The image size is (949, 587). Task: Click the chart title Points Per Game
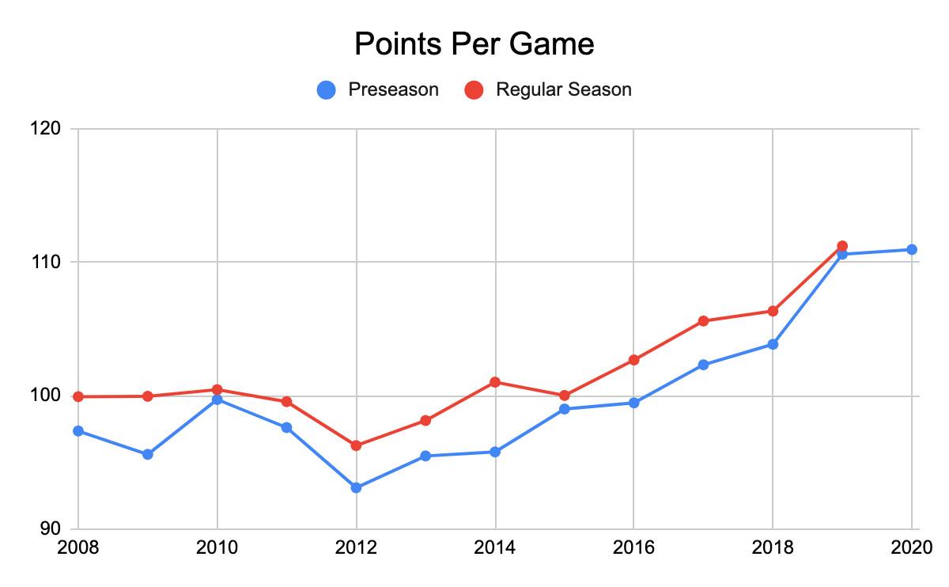tap(474, 44)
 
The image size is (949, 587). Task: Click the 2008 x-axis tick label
tap(78, 547)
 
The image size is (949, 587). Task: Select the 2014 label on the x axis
tap(495, 547)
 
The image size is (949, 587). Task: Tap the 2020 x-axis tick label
tap(911, 547)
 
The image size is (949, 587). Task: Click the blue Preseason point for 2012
tap(357, 487)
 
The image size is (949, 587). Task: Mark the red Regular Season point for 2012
tap(357, 445)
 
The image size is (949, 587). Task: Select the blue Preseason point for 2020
tap(912, 249)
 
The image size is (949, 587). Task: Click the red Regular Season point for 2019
tap(842, 246)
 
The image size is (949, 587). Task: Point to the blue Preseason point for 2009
tap(148, 454)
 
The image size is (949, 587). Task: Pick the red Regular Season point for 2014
tap(495, 382)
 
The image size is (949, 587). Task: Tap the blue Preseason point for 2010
tap(217, 400)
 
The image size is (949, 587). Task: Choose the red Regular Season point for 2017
tap(703, 321)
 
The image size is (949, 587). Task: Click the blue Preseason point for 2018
tap(773, 344)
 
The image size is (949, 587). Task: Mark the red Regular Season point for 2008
tap(78, 396)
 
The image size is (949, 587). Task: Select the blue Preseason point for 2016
tap(634, 403)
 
